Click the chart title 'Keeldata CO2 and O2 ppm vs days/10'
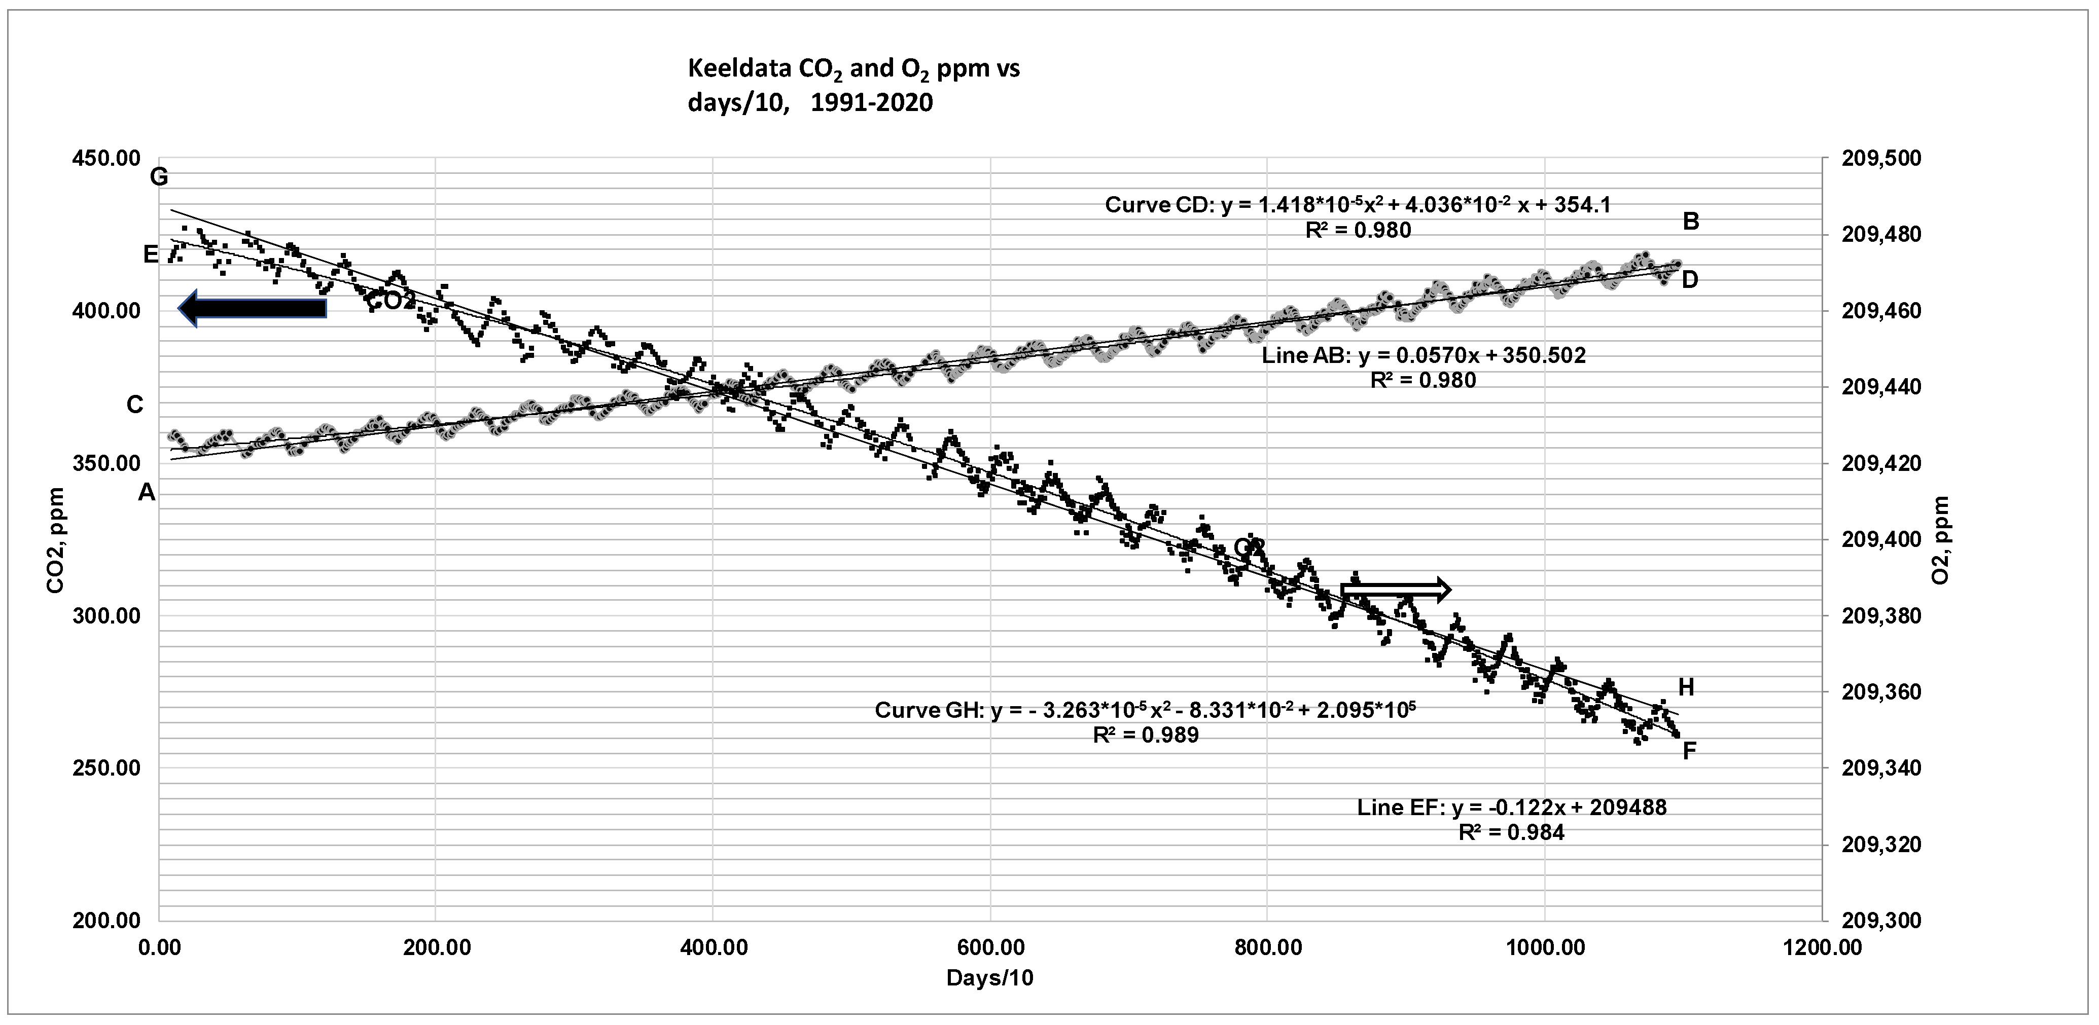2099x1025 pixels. tap(853, 86)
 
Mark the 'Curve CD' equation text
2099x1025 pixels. tap(1358, 204)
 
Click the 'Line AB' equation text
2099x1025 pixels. tap(1424, 356)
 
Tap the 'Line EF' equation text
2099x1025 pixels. tap(1512, 808)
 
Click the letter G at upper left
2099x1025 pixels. tap(159, 177)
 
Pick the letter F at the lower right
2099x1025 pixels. tap(1690, 750)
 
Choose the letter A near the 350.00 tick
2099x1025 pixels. tap(147, 492)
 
